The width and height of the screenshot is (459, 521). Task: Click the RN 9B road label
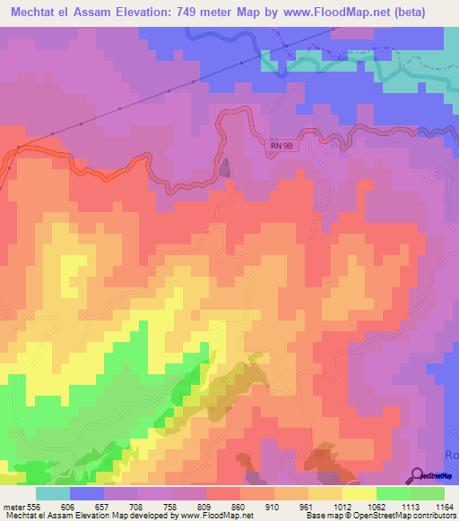pyautogui.click(x=282, y=146)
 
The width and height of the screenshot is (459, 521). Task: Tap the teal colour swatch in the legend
pyautogui.click(x=53, y=492)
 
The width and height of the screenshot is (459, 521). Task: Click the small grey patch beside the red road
pyautogui.click(x=224, y=167)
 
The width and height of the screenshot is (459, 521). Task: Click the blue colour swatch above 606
pyautogui.click(x=87, y=492)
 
